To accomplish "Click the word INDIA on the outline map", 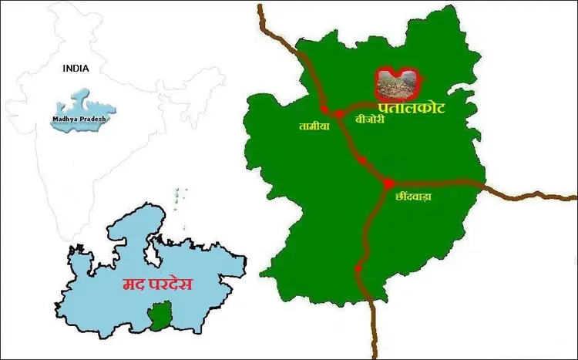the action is pos(76,68).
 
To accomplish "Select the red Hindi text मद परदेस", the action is pos(158,284).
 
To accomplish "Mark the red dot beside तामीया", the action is pos(324,113).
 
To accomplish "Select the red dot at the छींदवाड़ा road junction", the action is pos(388,183).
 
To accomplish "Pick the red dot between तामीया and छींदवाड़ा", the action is pos(360,160).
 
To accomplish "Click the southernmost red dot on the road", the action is pos(359,269).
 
